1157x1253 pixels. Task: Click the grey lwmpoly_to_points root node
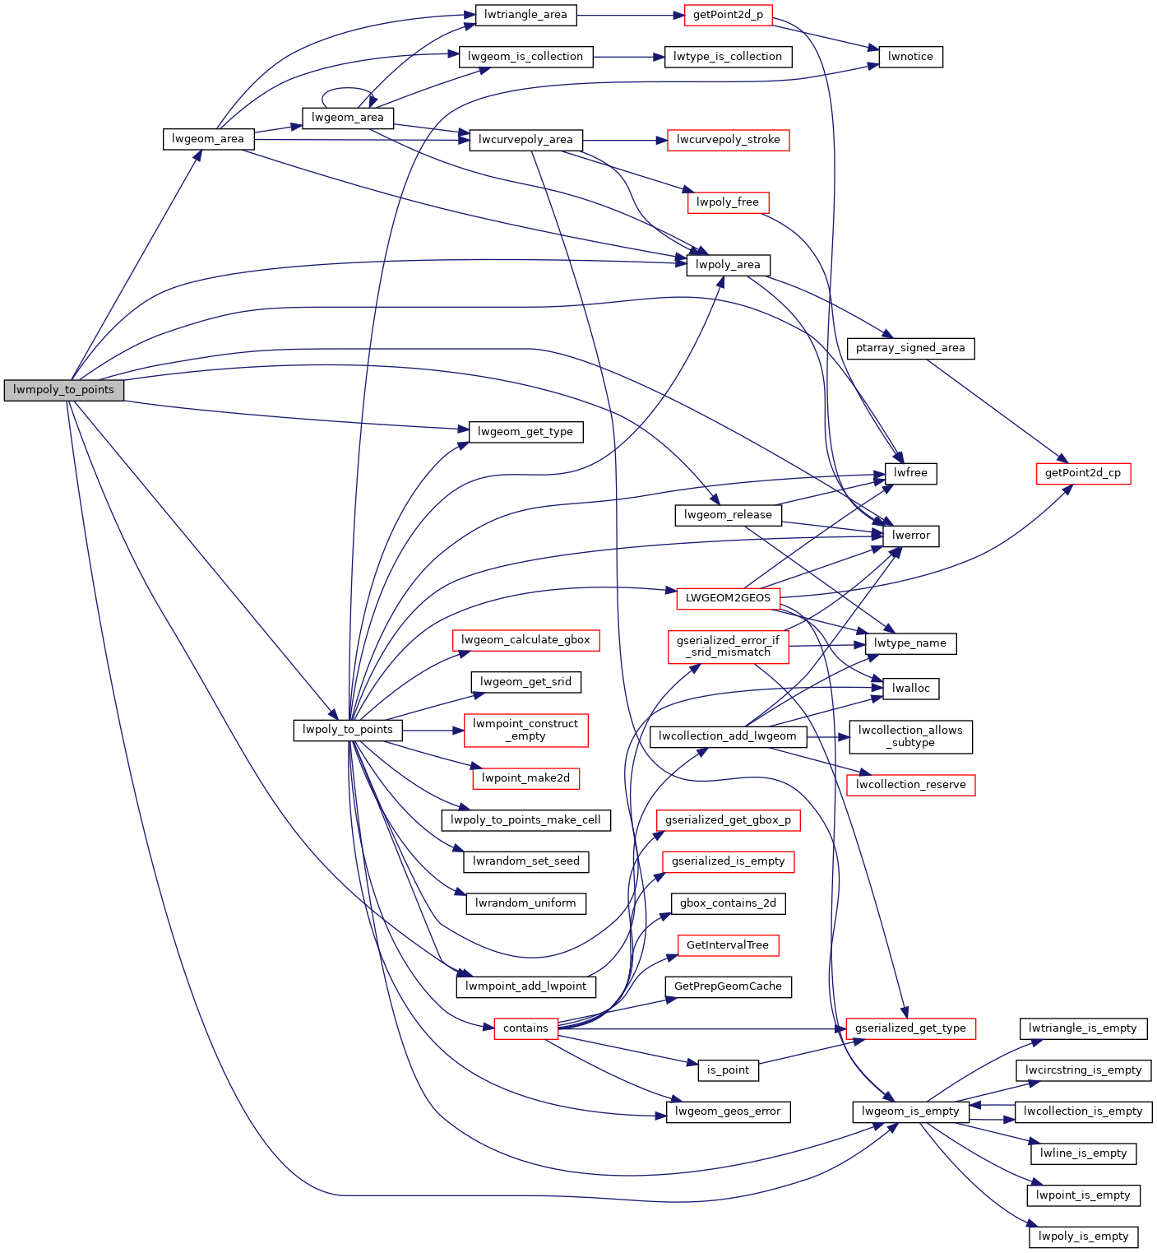click(63, 390)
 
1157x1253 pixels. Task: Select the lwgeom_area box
click(208, 139)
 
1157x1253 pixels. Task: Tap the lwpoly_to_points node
click(347, 730)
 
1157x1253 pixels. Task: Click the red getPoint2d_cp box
click(1082, 474)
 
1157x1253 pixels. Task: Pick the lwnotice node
click(910, 57)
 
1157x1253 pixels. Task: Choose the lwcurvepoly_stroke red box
click(728, 140)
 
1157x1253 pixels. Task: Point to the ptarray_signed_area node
click(909, 348)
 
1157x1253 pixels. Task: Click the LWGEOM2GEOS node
click(728, 598)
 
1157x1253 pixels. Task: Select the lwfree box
click(910, 474)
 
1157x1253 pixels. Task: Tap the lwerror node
click(910, 536)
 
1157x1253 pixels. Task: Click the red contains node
click(525, 1028)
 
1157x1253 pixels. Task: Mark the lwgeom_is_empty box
click(910, 1111)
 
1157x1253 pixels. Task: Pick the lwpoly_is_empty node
click(1083, 1237)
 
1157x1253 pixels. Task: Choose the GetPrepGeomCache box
click(728, 986)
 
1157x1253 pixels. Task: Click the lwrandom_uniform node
click(525, 903)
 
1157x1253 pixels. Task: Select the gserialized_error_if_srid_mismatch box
click(728, 647)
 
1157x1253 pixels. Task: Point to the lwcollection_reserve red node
click(910, 785)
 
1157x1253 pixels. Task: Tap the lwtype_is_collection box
click(728, 57)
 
